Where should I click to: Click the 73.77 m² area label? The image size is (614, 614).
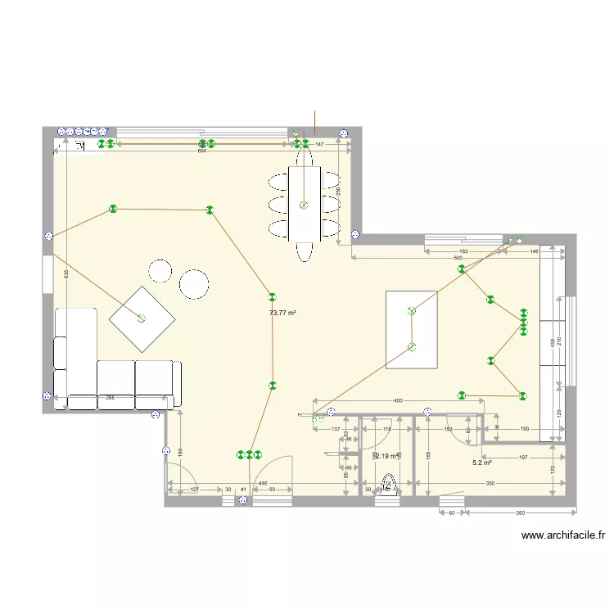pyautogui.click(x=282, y=313)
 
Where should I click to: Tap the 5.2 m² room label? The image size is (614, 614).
pyautogui.click(x=481, y=463)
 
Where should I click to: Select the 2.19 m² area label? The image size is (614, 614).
pyautogui.click(x=386, y=457)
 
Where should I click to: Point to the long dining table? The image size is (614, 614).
pyautogui.click(x=304, y=205)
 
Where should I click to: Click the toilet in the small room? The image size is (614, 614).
pyautogui.click(x=389, y=487)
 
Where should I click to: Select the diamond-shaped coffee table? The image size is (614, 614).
pyautogui.click(x=142, y=318)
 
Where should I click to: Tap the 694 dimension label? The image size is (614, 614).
pyautogui.click(x=201, y=151)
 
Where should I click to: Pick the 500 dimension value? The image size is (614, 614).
pyautogui.click(x=435, y=258)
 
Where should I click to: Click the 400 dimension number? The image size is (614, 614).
pyautogui.click(x=398, y=400)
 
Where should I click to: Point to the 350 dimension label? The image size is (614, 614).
pyautogui.click(x=490, y=484)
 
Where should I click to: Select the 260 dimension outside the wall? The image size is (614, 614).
pyautogui.click(x=521, y=512)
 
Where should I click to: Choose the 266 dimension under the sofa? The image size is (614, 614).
pyautogui.click(x=109, y=398)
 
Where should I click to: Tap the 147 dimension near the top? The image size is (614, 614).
pyautogui.click(x=320, y=144)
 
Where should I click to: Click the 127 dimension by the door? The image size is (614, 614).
pyautogui.click(x=194, y=490)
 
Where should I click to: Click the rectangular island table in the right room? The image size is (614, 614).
pyautogui.click(x=412, y=329)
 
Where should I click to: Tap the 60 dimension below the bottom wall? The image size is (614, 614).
pyautogui.click(x=449, y=512)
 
